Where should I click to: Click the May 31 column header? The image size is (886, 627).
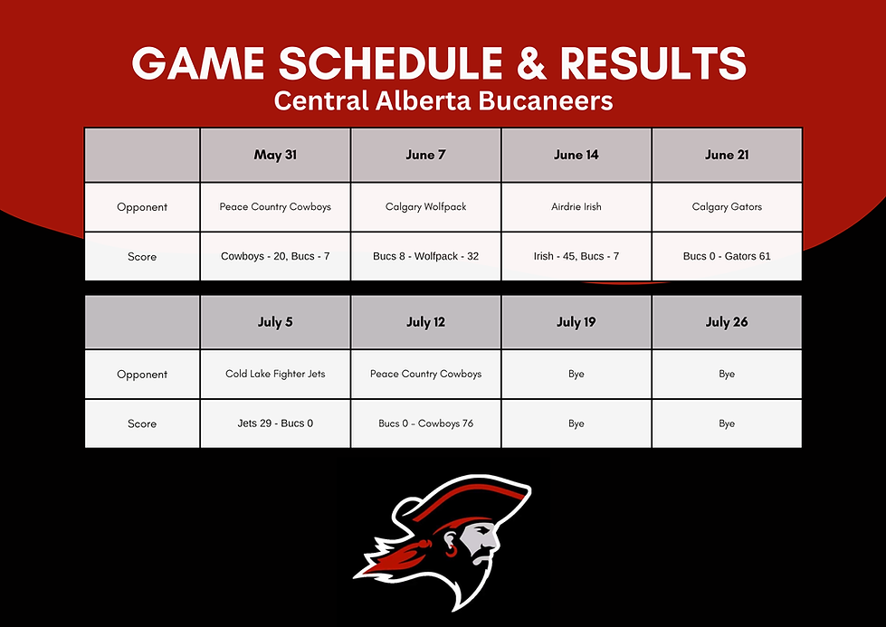point(275,155)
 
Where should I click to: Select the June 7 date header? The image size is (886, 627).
point(425,155)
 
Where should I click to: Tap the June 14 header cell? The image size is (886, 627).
point(576,155)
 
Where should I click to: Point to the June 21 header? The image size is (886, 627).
point(727,155)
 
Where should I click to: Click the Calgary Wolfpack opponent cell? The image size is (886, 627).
point(425,207)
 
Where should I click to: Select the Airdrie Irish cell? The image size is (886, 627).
point(576,207)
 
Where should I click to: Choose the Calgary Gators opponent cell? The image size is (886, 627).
point(727,207)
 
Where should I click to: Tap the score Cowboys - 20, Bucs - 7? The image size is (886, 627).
point(275,256)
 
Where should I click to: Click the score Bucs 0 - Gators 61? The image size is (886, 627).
point(727,256)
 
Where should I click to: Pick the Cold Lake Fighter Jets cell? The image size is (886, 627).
point(275,374)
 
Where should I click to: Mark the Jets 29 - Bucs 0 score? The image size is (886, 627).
point(275,423)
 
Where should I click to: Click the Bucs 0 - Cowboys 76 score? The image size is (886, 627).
point(425,423)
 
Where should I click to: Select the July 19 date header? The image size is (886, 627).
point(576,322)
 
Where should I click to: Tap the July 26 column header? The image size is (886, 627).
point(727,322)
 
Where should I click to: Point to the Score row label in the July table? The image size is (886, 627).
point(142,423)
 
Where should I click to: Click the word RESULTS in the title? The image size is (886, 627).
point(653,62)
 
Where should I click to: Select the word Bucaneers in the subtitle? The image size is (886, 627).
point(546,101)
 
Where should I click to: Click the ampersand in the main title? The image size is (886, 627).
point(531,62)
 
